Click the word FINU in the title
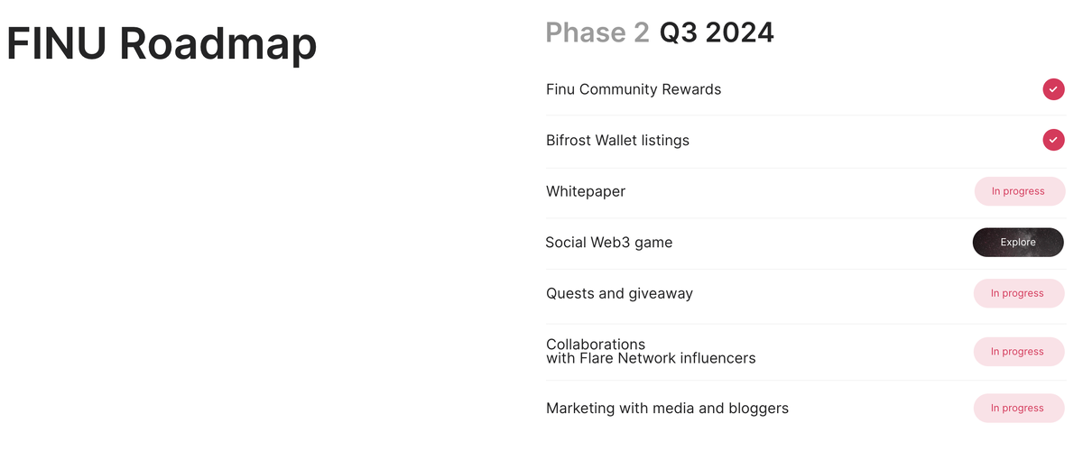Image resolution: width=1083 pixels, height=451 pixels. (55, 44)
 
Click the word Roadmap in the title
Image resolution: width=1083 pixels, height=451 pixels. (218, 44)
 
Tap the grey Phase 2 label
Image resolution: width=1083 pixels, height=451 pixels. (597, 32)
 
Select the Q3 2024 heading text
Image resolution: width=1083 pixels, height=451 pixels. (717, 32)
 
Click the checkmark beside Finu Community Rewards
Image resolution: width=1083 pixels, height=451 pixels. (1053, 89)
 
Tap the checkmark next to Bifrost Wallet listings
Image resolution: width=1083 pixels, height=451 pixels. (1053, 140)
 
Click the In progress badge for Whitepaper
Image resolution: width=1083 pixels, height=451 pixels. (1018, 191)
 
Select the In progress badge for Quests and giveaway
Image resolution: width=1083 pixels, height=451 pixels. (1017, 293)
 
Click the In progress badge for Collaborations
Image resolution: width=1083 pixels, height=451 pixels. (1017, 352)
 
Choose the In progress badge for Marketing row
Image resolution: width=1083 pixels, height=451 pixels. (1017, 408)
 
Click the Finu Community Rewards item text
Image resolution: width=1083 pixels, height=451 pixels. (634, 89)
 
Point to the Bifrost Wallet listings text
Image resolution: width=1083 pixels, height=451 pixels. (617, 141)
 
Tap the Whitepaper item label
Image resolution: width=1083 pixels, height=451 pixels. (586, 191)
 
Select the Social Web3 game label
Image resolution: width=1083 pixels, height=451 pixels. (609, 243)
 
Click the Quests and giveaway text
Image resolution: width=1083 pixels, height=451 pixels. (619, 293)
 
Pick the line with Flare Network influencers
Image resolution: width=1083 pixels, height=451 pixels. (651, 359)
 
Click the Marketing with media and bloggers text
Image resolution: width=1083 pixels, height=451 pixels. (667, 409)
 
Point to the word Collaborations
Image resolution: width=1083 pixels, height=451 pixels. (596, 345)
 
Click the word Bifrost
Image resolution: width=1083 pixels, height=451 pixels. (569, 141)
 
